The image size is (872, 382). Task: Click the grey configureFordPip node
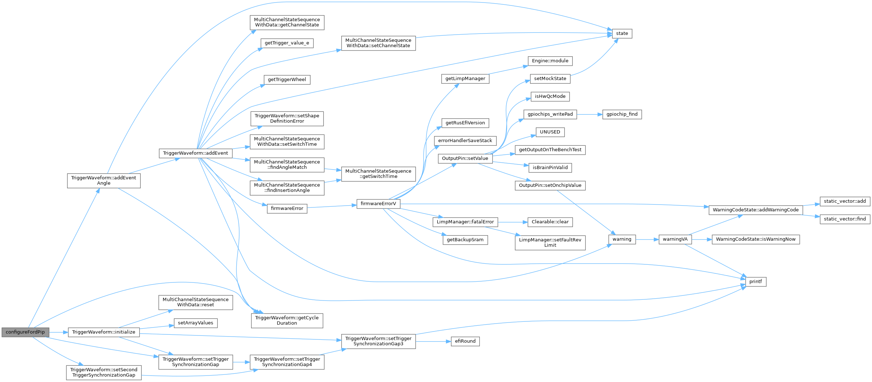[25, 332]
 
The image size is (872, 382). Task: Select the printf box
[755, 282]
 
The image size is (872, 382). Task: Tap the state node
[622, 34]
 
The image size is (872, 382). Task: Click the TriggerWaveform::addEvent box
[196, 153]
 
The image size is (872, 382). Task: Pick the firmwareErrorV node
[378, 204]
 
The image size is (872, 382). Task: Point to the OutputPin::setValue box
[465, 158]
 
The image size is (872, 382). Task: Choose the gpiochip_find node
[622, 114]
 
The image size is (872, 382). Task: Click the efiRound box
[465, 341]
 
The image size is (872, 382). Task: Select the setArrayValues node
[196, 323]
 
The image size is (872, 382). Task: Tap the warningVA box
[675, 239]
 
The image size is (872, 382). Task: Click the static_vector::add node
[845, 201]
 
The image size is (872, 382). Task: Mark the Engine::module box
[550, 61]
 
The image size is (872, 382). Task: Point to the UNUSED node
[550, 132]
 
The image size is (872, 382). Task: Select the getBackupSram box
[465, 240]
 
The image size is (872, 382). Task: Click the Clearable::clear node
[550, 222]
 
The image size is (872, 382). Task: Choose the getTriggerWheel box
[287, 80]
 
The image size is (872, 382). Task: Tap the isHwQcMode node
[550, 97]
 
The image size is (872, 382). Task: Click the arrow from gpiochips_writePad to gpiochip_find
[590, 114]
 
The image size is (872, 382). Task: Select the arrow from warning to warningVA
[647, 239]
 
